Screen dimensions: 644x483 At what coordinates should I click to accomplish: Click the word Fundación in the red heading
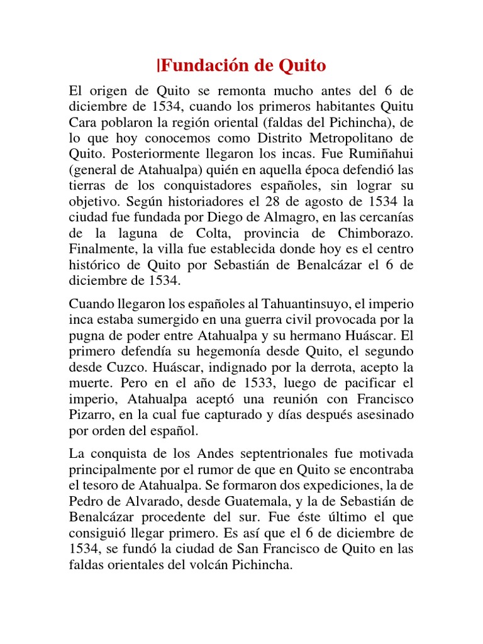click(x=201, y=65)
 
